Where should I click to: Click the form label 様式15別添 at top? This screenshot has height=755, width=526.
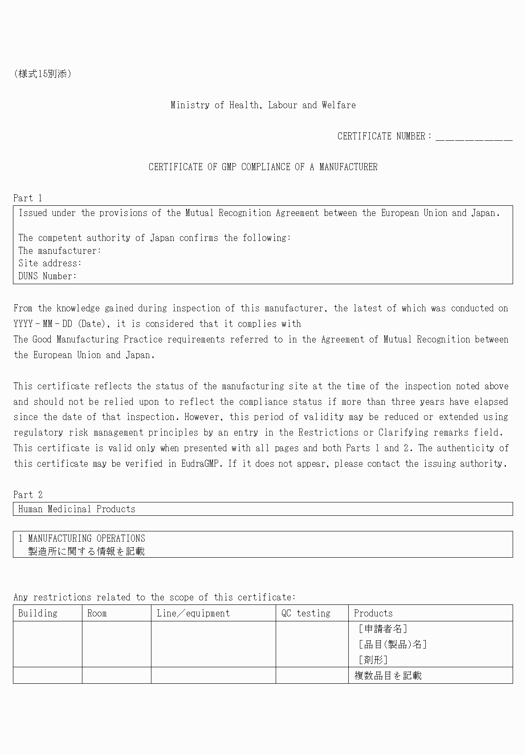(42, 74)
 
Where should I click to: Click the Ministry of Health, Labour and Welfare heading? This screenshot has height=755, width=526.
(263, 105)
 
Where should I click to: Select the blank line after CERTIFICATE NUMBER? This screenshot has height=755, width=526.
(474, 137)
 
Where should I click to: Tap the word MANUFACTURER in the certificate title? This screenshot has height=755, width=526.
(348, 167)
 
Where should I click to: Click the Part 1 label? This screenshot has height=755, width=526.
(28, 198)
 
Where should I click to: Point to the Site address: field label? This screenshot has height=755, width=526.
(50, 263)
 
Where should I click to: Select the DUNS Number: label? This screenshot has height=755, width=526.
(48, 276)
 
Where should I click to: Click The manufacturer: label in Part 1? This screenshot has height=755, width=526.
(60, 251)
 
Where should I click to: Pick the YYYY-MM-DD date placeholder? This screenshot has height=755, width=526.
(43, 324)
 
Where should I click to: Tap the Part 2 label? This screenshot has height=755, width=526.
(28, 494)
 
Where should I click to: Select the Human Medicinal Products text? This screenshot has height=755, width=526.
(77, 509)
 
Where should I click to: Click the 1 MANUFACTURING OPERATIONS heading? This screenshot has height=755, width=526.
(82, 539)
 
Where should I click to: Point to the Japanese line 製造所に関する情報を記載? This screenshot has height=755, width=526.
(86, 551)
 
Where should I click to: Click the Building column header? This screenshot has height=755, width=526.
(38, 613)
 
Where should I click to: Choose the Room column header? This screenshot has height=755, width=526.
(97, 613)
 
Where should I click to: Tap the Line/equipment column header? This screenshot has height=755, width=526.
(193, 613)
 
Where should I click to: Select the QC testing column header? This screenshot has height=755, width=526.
(306, 613)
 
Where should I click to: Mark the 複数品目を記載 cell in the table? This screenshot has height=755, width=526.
(387, 676)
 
